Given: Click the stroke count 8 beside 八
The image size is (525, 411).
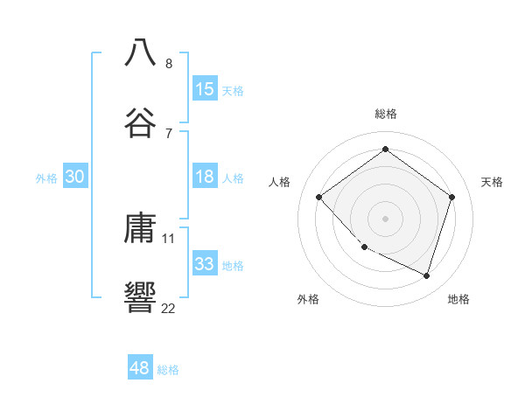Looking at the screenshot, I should pos(169,63).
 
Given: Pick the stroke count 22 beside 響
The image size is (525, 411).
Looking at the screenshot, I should pos(168,308).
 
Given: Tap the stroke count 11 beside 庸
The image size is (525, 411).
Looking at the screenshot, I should pos(169,238).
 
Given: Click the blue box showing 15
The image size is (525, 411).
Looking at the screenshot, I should pos(205,89).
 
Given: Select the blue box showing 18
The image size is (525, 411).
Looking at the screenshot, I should pos(205,177).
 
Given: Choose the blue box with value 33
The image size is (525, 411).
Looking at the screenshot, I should pos(205,264).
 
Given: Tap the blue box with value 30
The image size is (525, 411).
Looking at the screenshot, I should pos(75,177).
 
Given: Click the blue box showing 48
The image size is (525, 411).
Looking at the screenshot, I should pos(140,368).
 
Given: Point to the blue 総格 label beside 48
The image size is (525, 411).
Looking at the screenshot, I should pos(169,370).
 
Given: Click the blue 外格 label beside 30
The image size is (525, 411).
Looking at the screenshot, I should pos(46,178).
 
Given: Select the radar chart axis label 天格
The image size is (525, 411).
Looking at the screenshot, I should pos(492,182).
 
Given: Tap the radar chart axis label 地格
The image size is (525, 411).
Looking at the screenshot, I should pos(458,299).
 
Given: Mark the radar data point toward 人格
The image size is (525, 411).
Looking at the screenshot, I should pos(319,197).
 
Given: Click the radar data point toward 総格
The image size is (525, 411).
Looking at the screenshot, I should pos(385,149).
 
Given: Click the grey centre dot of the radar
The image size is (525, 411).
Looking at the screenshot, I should pos(385,218).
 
